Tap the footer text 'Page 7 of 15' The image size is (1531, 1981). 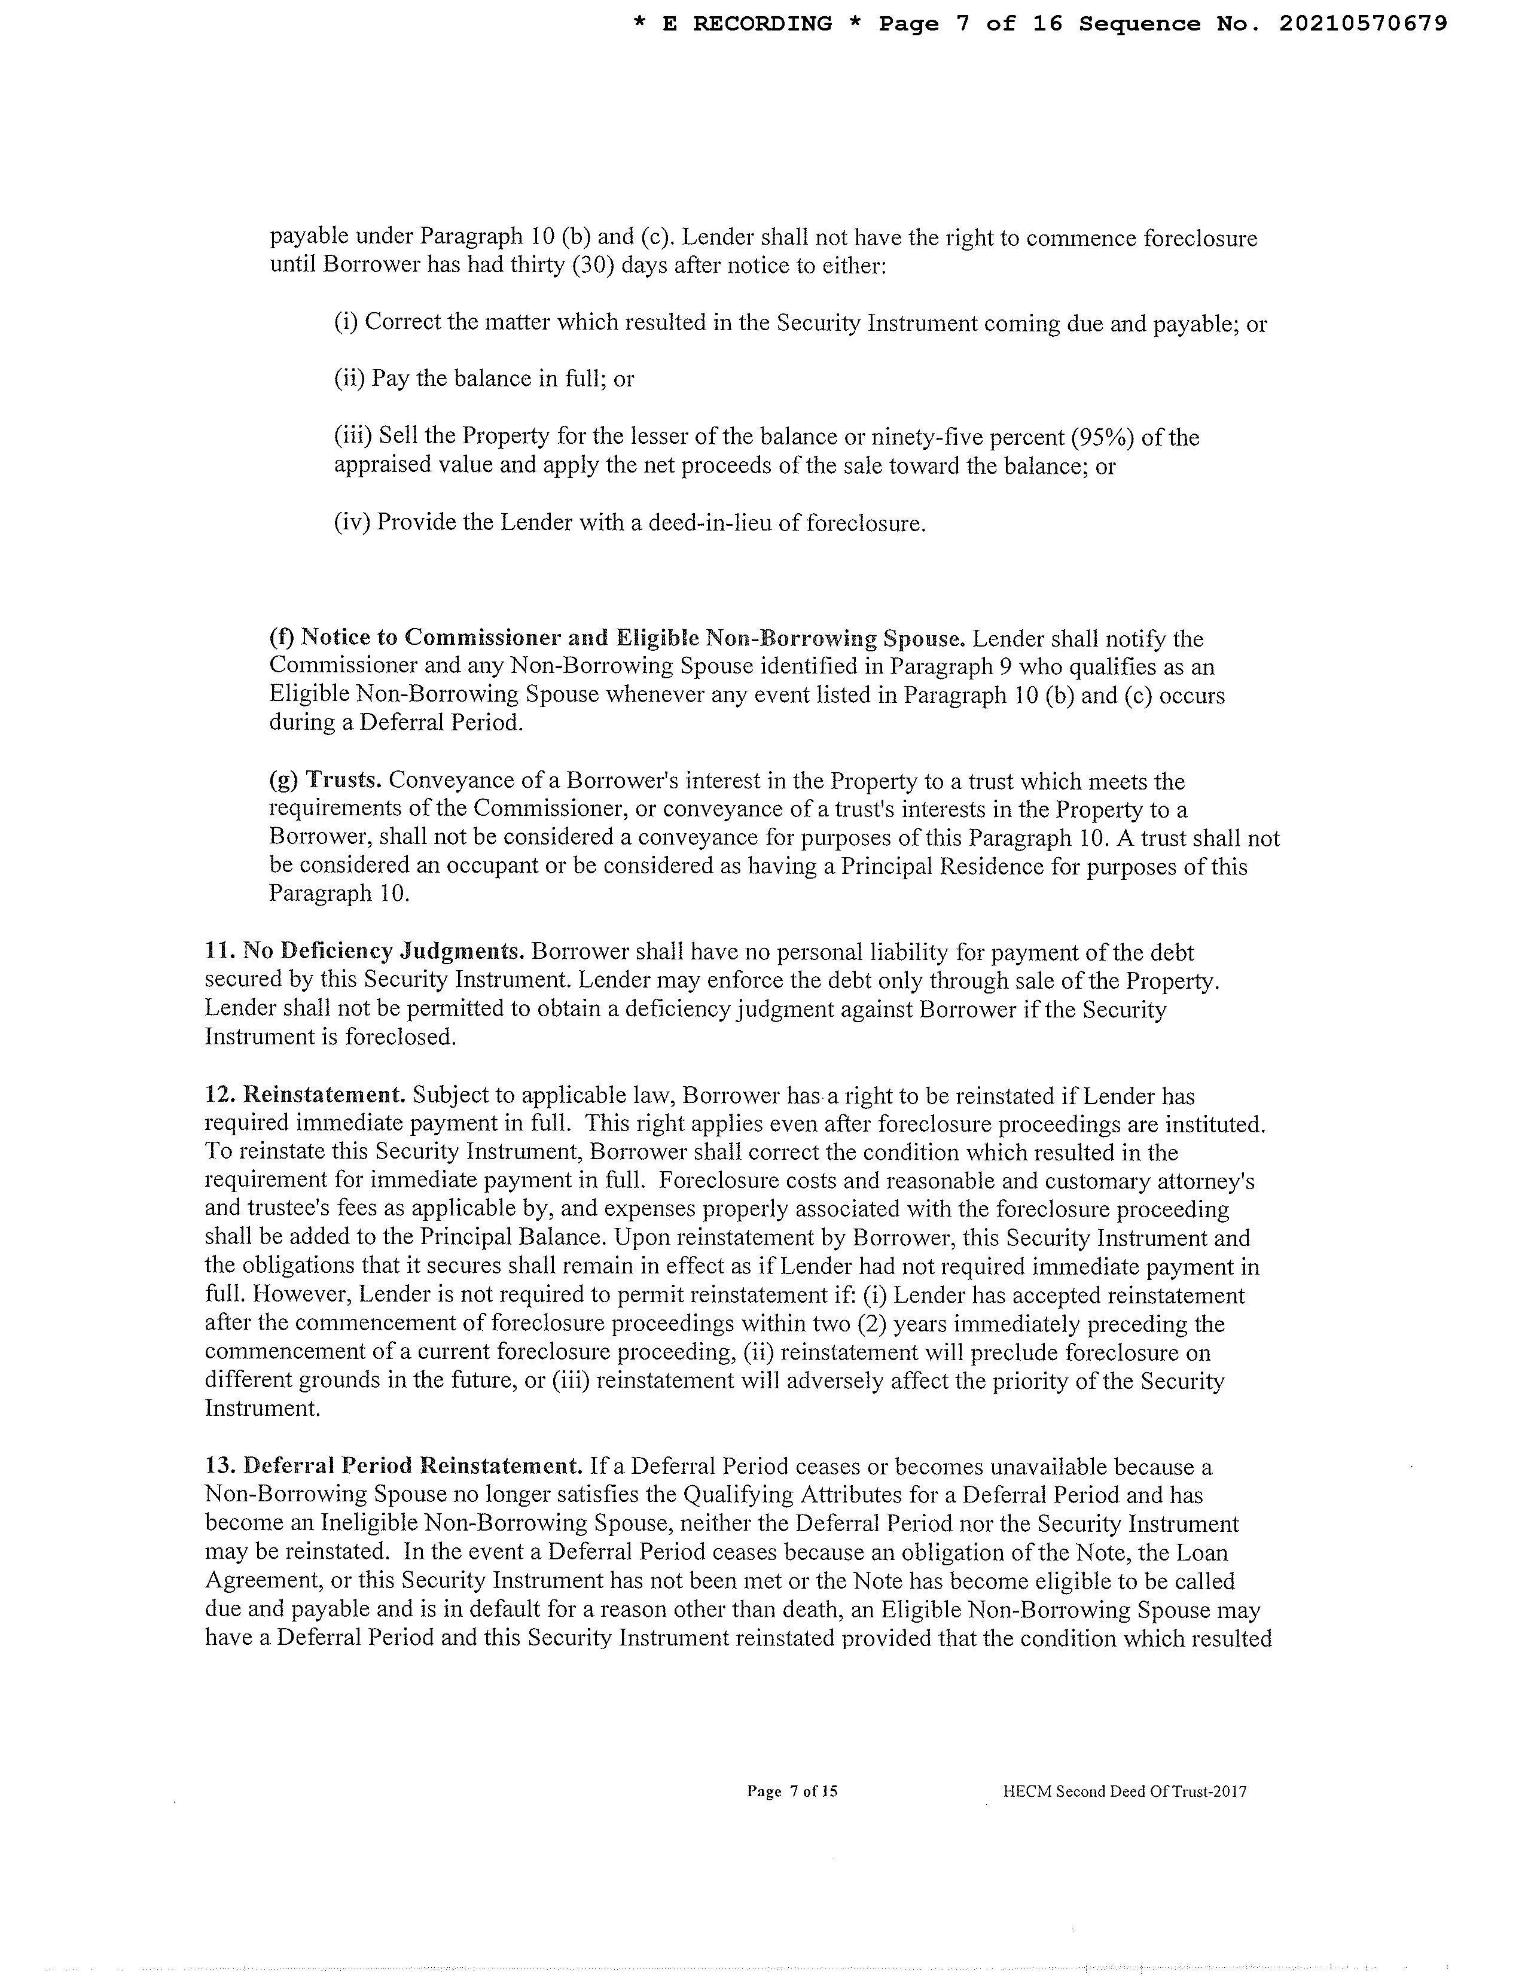point(792,1791)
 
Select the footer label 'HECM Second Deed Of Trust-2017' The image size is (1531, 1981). point(1125,1791)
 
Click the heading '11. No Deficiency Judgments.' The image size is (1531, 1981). point(365,952)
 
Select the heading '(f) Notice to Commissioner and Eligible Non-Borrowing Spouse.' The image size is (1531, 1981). point(617,639)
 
